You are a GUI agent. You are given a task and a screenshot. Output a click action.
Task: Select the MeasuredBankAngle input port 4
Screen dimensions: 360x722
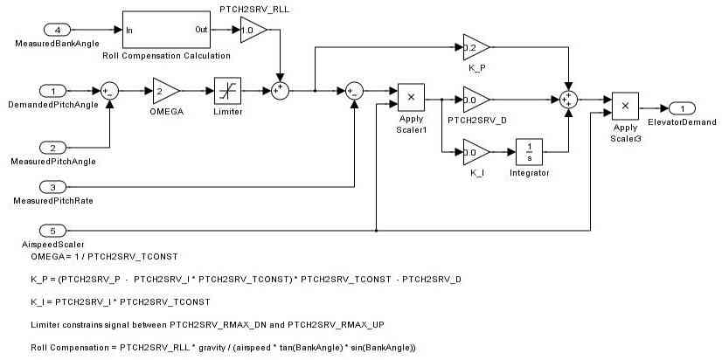point(52,30)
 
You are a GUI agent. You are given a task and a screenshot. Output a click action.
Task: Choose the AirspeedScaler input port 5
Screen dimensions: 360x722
point(52,231)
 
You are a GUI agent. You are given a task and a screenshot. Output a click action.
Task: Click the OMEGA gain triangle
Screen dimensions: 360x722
point(164,89)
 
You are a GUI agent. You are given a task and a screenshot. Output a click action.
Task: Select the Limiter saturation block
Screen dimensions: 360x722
point(227,89)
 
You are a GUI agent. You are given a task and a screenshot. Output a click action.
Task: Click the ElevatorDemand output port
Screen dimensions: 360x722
point(682,107)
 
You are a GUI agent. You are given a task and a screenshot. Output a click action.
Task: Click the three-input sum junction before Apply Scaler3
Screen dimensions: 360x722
point(569,100)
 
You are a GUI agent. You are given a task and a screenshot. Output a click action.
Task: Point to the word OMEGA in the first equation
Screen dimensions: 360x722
point(46,257)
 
